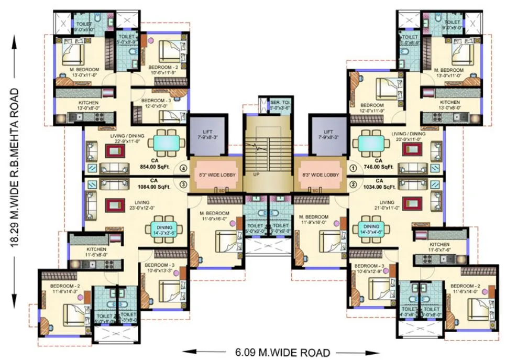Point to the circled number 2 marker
[x=353, y=184]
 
